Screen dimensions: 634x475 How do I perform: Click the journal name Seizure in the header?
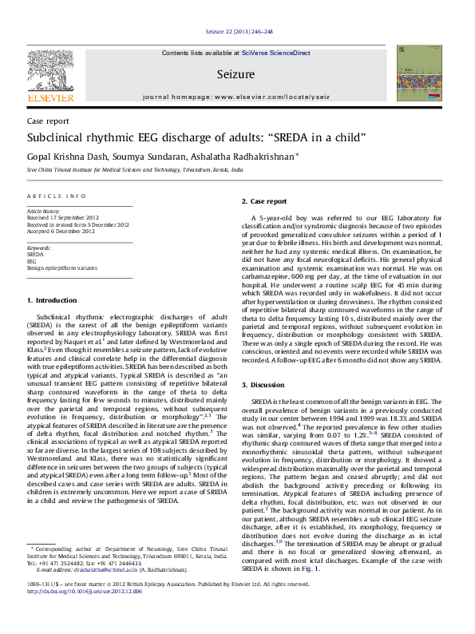[236, 74]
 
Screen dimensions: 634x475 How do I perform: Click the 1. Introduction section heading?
[52, 300]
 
